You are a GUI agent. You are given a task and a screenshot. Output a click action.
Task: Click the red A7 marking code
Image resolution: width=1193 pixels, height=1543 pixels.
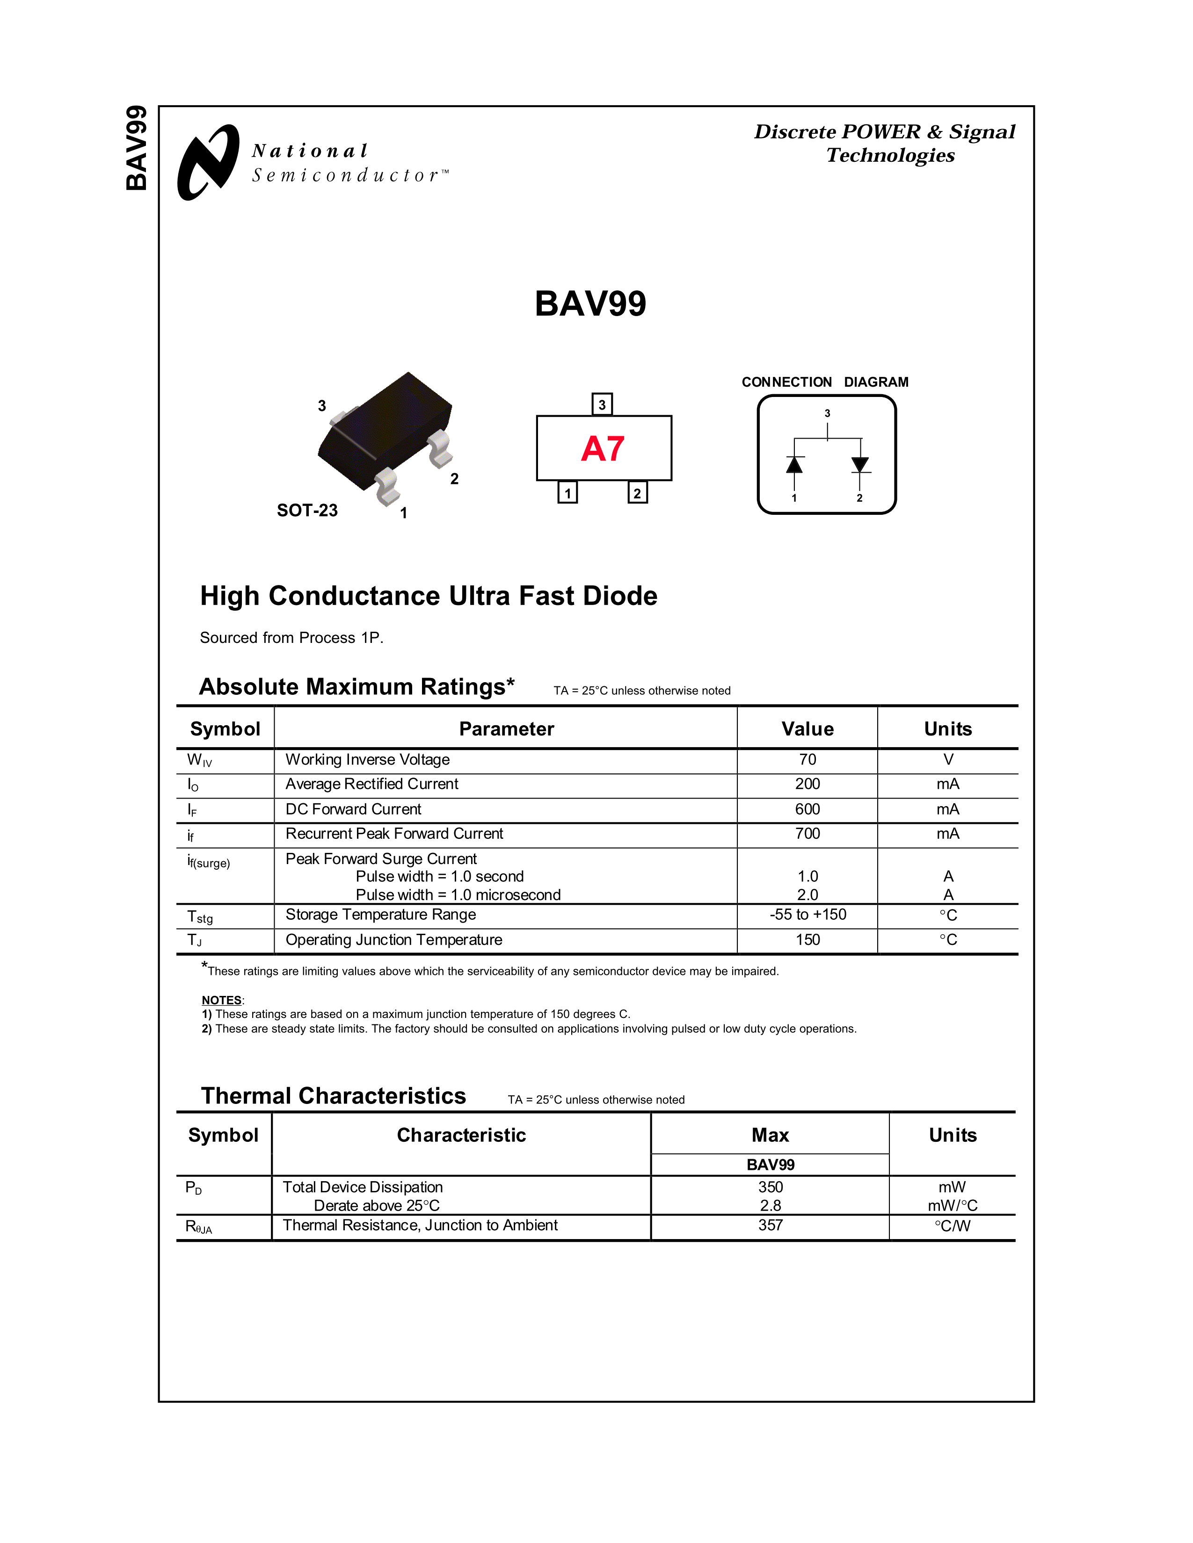pos(603,448)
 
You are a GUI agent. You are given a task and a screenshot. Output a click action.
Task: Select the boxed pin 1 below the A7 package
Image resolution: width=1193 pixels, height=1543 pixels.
pos(567,492)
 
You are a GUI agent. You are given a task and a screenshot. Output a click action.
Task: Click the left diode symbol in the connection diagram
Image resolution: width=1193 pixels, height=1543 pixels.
pos(794,465)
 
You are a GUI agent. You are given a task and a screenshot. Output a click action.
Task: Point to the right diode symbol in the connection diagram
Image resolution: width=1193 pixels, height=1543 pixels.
pos(860,465)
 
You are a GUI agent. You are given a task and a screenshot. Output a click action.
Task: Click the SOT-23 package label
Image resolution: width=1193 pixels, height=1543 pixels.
pos(307,510)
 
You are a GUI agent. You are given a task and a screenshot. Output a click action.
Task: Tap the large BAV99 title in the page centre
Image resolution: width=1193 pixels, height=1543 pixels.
pos(590,304)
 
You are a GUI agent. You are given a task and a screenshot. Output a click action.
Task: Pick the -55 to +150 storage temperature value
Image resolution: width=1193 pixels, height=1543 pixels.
pos(808,914)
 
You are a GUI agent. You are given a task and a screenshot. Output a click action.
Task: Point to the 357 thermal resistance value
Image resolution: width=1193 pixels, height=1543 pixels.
pos(771,1225)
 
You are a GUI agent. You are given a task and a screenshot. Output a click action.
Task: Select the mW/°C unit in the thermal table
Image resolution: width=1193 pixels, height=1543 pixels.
pos(953,1206)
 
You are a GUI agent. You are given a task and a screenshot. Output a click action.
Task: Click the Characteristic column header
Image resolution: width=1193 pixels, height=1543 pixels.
pos(461,1135)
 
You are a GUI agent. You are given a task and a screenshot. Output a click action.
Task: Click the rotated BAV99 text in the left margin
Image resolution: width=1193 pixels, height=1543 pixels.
pos(137,148)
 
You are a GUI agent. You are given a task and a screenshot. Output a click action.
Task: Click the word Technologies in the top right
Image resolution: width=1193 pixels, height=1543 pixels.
pos(890,155)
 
